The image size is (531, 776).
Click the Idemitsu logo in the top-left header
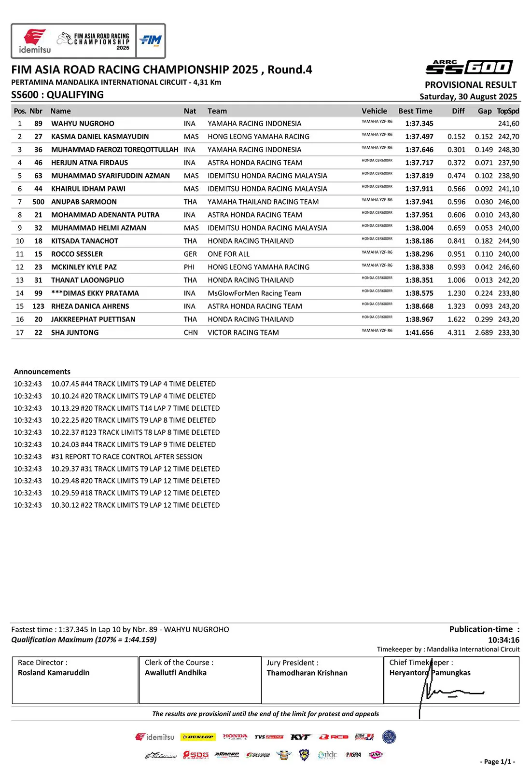(x=34, y=41)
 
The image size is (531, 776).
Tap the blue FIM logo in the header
(x=151, y=41)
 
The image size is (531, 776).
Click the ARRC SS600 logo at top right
(x=468, y=67)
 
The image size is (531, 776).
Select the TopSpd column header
(x=508, y=111)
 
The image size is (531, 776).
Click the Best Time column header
(x=415, y=111)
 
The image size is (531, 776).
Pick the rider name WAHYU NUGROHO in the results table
(x=83, y=124)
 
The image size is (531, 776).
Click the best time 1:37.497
(x=419, y=137)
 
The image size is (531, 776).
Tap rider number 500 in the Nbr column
(x=38, y=202)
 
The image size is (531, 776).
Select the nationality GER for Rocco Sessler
(x=190, y=254)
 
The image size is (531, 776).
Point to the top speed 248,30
(x=508, y=150)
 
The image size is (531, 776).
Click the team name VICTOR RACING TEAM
(x=243, y=333)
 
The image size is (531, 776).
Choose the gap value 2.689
(x=484, y=333)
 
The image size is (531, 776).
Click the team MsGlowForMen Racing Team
(x=254, y=293)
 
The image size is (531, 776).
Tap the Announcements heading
(x=42, y=372)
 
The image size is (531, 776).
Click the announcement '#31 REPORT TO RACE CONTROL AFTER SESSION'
(x=127, y=457)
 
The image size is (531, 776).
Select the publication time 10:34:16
(x=503, y=640)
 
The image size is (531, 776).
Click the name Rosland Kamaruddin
(x=54, y=673)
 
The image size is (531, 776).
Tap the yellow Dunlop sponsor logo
(x=197, y=737)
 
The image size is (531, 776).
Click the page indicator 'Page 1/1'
(x=498, y=762)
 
